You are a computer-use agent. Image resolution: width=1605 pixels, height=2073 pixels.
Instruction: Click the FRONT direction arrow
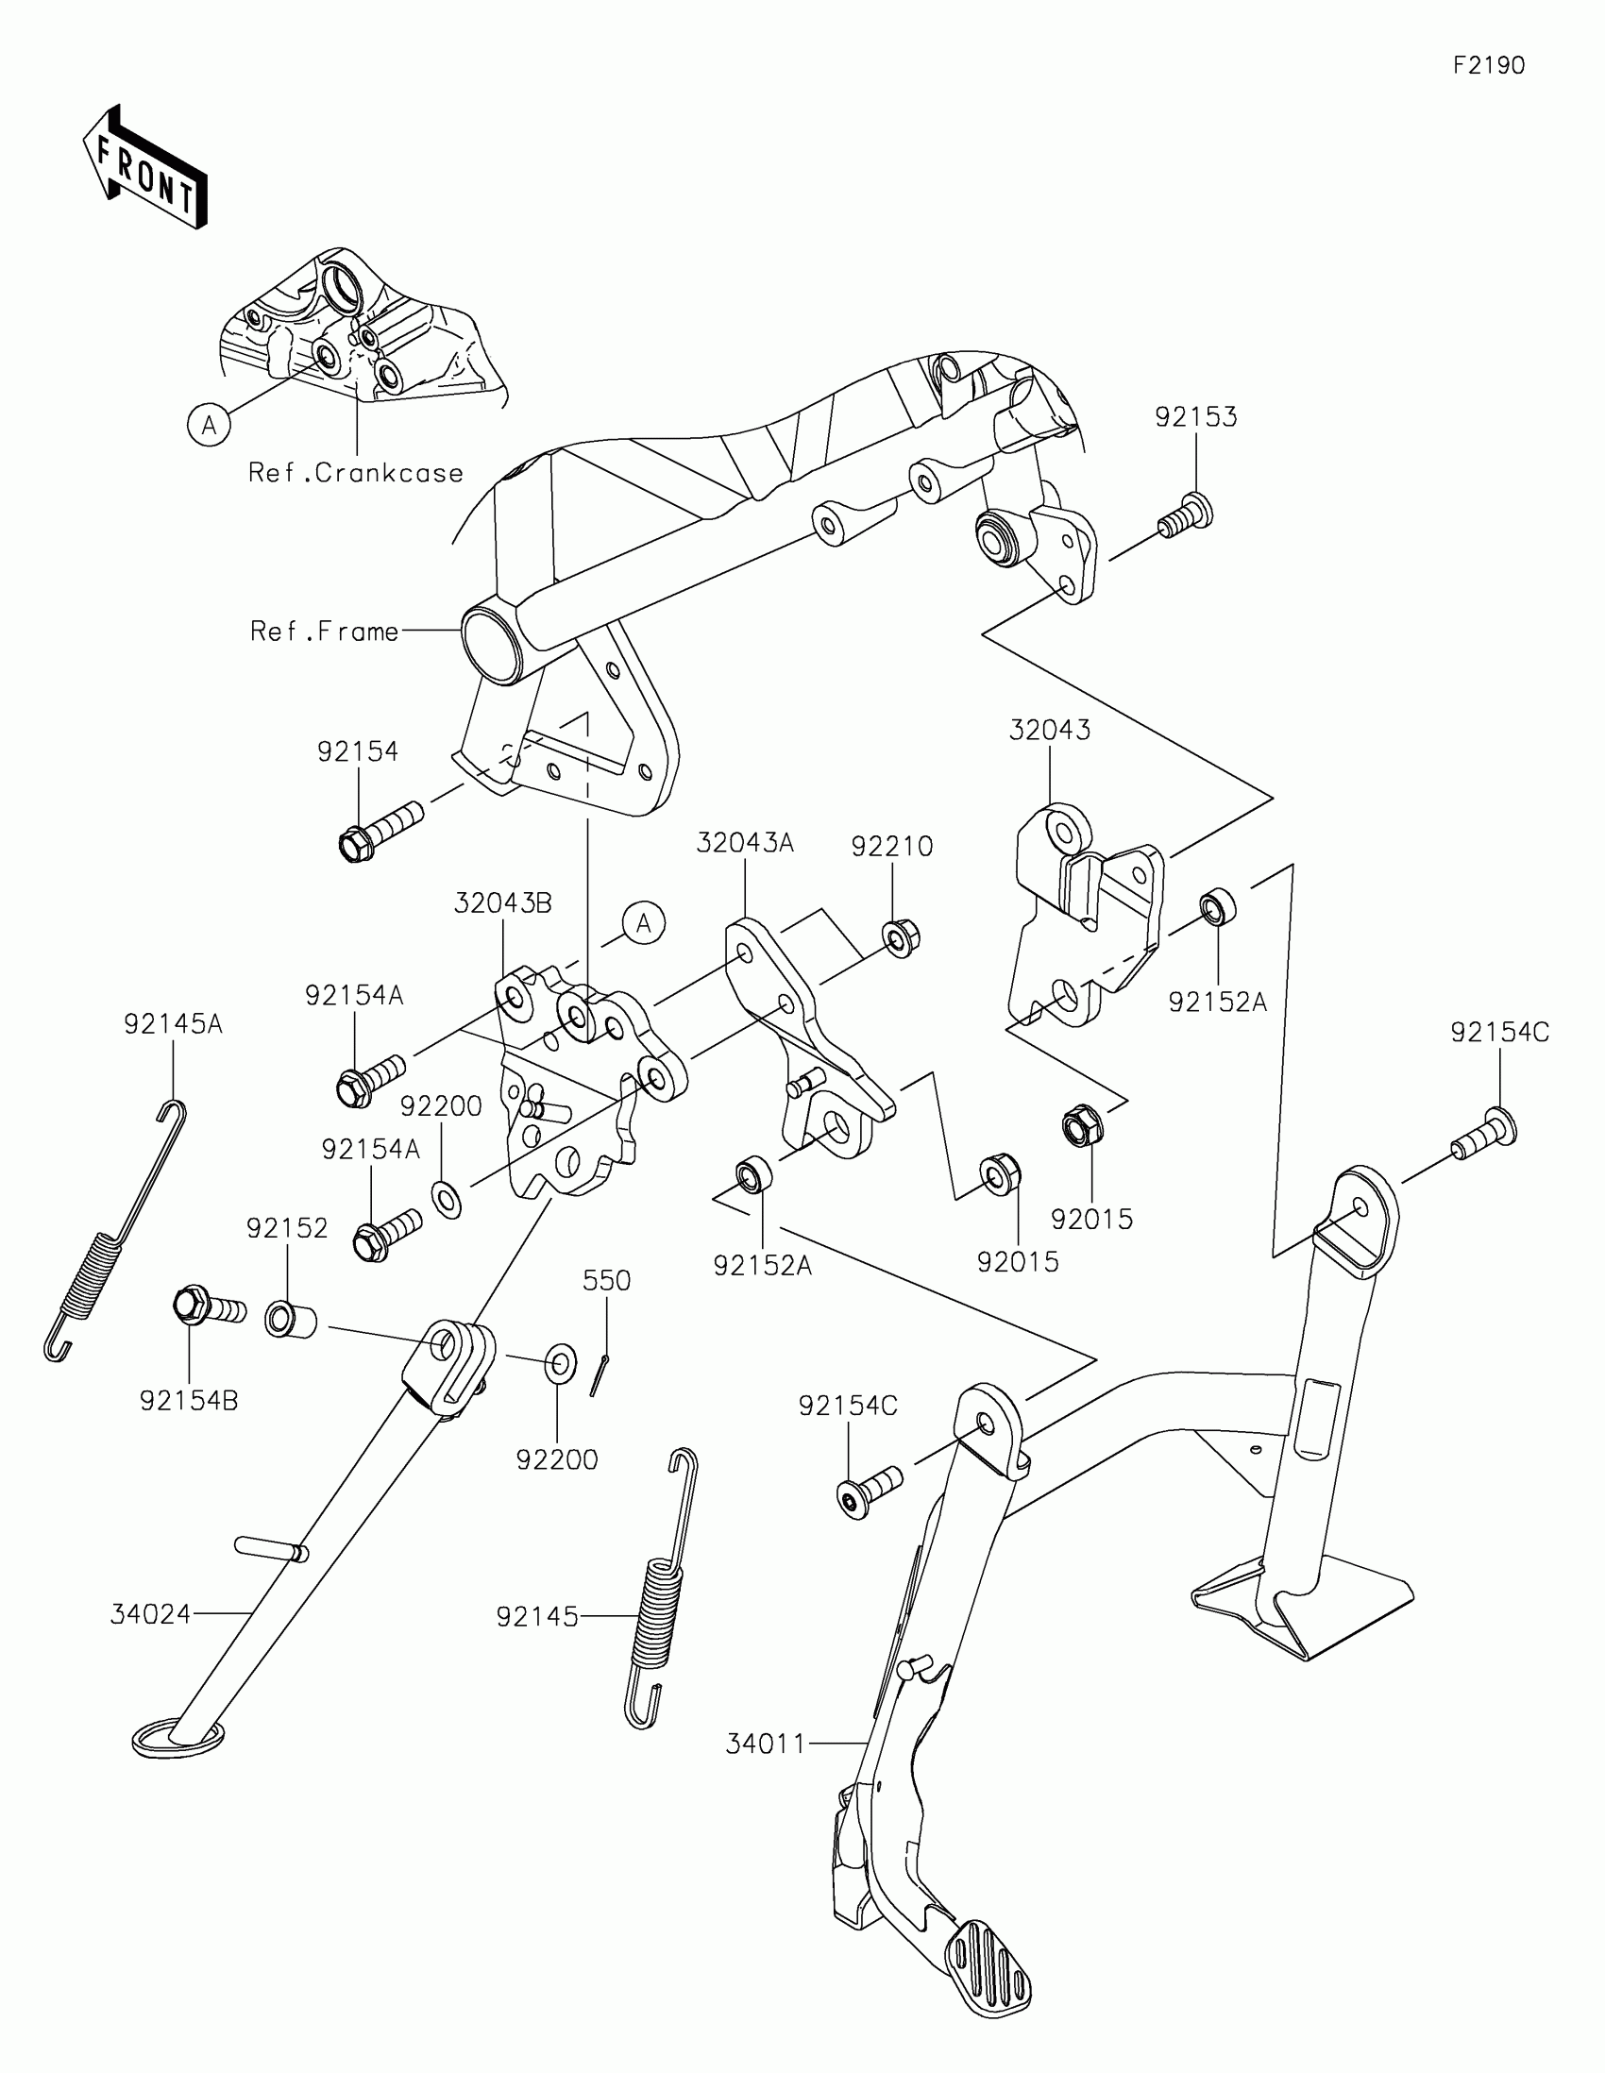click(x=144, y=167)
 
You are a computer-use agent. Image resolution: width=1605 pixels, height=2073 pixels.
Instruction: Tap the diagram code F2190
click(x=1488, y=64)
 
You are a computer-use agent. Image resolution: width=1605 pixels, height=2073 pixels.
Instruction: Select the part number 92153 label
click(x=1195, y=416)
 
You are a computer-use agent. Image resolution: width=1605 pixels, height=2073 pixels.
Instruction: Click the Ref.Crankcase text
click(x=356, y=473)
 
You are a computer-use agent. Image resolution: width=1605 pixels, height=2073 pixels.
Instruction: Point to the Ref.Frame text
click(x=325, y=632)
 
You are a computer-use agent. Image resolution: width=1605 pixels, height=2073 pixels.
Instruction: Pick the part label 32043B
click(x=502, y=902)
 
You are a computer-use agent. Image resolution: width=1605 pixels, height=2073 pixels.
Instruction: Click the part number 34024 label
click(x=151, y=1613)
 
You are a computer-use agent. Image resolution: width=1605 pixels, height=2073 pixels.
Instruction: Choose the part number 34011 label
click(x=766, y=1744)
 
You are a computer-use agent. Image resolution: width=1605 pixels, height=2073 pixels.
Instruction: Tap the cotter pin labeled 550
click(x=599, y=1374)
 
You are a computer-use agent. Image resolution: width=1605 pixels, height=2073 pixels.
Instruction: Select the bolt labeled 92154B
click(x=209, y=1309)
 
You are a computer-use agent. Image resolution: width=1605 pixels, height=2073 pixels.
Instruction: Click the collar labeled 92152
click(x=289, y=1320)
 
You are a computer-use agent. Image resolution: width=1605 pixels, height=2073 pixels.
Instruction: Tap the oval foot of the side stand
click(x=177, y=1739)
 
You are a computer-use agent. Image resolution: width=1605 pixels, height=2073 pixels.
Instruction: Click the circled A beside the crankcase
click(x=209, y=424)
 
